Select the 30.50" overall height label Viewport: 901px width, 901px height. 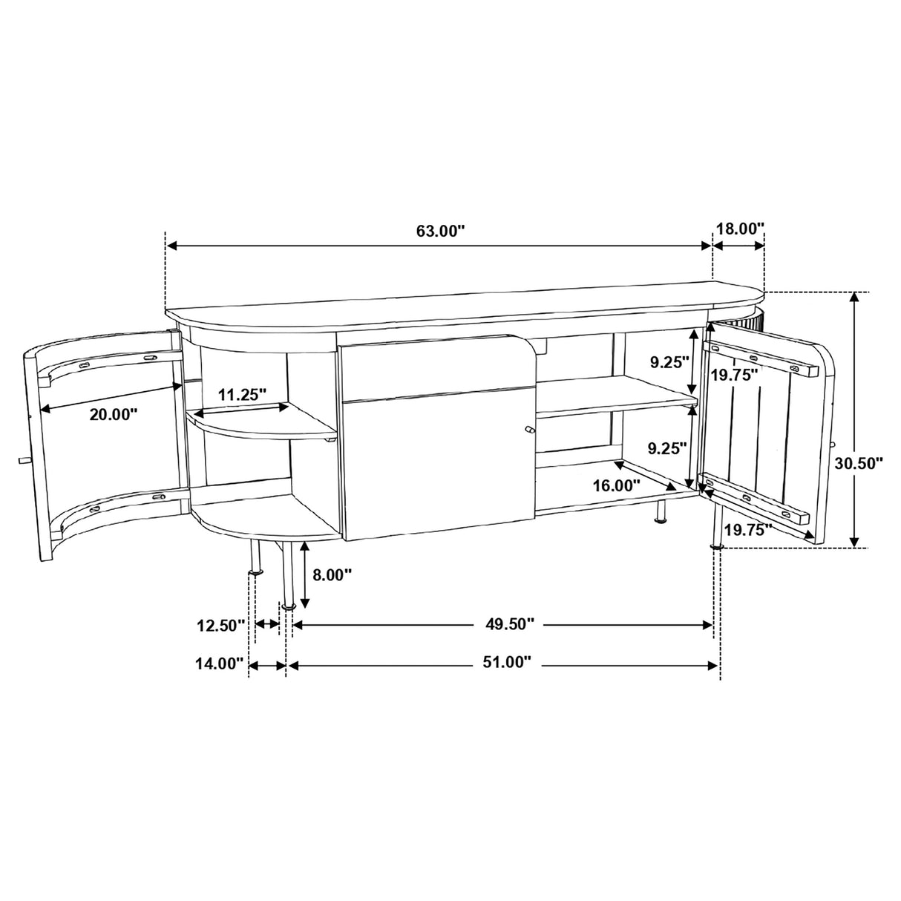858,464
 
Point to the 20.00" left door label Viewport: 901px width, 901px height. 114,414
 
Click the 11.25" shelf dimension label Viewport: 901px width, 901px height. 242,394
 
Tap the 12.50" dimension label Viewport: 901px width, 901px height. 220,626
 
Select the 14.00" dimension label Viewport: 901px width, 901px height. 220,663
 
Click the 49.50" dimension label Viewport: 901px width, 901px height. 510,624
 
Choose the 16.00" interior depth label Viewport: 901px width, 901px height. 617,485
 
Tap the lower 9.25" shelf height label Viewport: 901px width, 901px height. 666,448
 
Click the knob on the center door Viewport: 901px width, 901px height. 529,430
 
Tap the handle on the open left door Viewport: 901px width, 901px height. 23,460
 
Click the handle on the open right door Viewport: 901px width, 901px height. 833,445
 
